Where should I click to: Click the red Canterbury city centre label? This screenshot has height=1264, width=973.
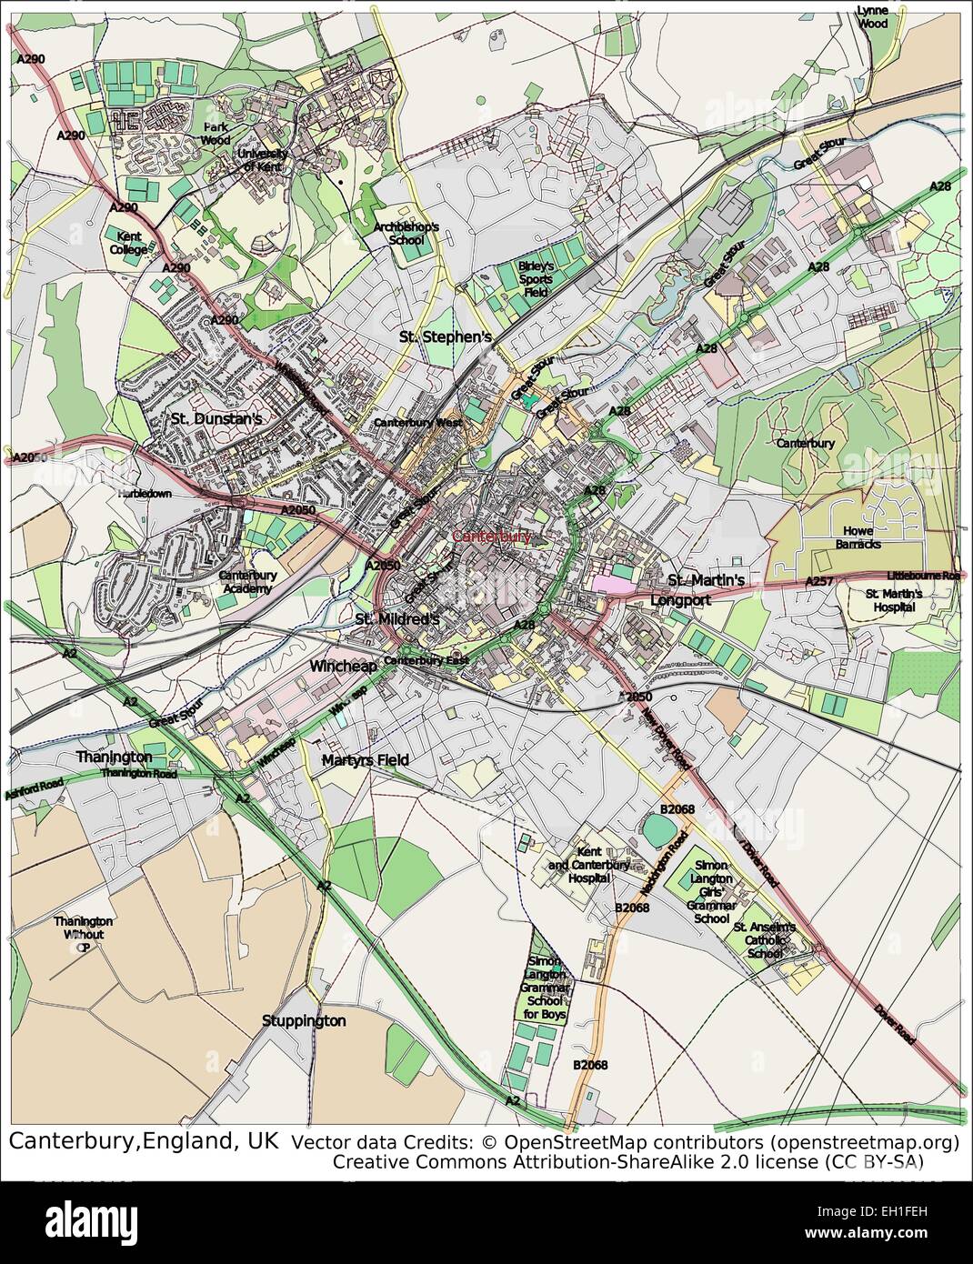[492, 537]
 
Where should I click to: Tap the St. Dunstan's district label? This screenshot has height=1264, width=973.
[216, 419]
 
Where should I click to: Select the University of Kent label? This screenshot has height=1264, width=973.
[262, 160]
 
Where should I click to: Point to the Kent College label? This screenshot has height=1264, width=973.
[128, 243]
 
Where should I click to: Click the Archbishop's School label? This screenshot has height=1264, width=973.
[406, 234]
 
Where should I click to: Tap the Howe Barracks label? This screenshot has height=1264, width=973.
[858, 537]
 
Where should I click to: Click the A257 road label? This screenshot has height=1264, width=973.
[819, 580]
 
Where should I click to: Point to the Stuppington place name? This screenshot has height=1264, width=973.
[304, 1020]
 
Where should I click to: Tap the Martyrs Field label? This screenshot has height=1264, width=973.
[366, 759]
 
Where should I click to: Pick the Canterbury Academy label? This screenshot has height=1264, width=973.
[248, 582]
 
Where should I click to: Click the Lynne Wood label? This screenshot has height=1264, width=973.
[872, 16]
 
